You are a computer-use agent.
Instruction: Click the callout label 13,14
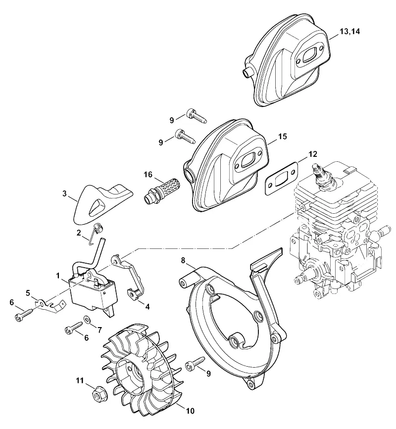click(x=350, y=32)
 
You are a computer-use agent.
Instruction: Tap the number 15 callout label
click(x=283, y=136)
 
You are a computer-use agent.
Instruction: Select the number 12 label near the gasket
click(x=312, y=154)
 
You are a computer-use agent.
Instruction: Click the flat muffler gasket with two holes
click(x=281, y=179)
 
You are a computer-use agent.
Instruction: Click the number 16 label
click(x=148, y=174)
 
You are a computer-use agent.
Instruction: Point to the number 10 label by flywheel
click(x=190, y=411)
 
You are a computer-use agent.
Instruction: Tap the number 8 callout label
click(x=183, y=260)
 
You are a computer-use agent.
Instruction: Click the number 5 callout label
click(x=28, y=293)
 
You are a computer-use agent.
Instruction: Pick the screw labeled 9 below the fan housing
click(x=195, y=363)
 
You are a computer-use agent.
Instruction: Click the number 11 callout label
click(x=80, y=381)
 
